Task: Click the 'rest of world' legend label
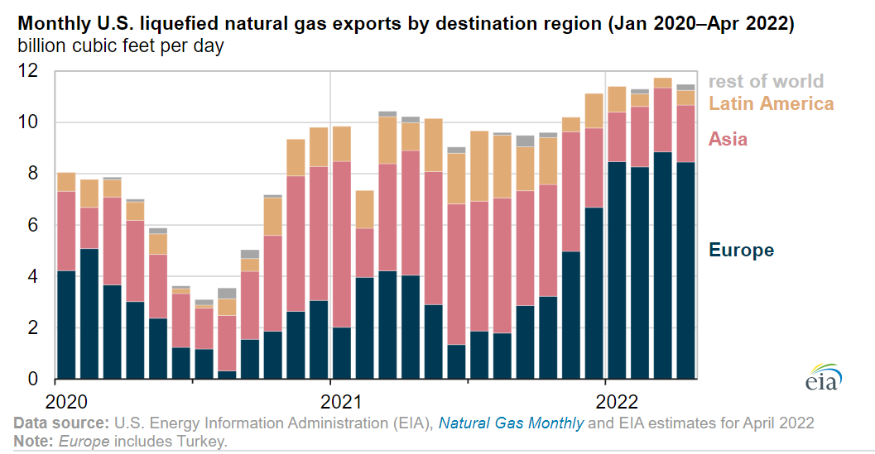point(766,81)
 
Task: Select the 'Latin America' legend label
point(771,103)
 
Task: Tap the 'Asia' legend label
point(728,139)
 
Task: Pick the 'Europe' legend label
point(741,251)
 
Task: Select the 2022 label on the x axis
point(617,402)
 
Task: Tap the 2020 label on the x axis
point(67,402)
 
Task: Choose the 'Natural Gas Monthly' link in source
point(511,423)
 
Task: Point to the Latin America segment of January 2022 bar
point(617,99)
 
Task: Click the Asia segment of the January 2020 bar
point(66,231)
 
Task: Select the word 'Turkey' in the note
point(203,441)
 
